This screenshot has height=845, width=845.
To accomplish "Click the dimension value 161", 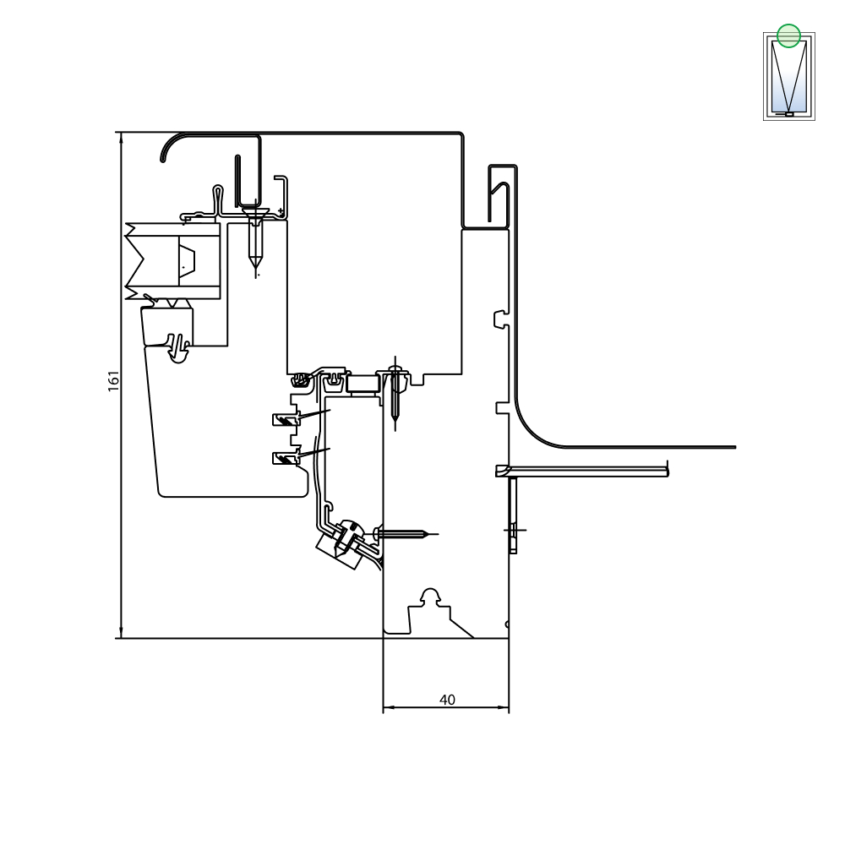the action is click(x=114, y=380).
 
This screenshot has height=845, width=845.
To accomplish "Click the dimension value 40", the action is click(x=447, y=700).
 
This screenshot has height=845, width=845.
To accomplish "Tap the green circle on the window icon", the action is click(x=788, y=36).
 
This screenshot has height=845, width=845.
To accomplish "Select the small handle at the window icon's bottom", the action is click(x=789, y=114).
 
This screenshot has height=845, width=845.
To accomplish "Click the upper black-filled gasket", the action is click(x=286, y=419).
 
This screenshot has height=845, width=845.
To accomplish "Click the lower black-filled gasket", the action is click(x=286, y=458).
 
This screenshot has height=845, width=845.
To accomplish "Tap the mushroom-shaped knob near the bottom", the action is click(x=430, y=596).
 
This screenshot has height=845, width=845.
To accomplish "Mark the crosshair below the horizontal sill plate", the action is click(x=515, y=531).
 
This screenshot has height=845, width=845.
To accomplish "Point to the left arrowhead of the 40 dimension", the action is click(x=388, y=707).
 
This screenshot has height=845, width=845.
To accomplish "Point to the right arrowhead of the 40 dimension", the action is click(x=504, y=707).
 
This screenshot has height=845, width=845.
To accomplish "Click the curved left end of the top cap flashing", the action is click(x=168, y=145).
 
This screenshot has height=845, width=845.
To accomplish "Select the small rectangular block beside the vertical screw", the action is click(x=363, y=384).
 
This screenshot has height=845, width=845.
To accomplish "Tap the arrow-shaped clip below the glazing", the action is click(x=177, y=348).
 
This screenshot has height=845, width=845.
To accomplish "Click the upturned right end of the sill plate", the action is click(x=668, y=468).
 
